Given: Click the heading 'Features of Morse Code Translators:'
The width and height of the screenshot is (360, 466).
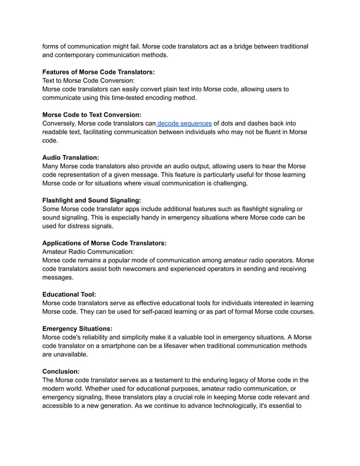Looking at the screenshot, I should [99, 72].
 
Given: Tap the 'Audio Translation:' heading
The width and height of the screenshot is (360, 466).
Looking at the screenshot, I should [71, 157].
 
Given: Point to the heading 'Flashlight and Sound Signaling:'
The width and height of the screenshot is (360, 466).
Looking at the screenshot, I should [91, 200].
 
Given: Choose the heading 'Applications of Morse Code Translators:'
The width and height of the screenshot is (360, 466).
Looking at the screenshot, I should [104, 243].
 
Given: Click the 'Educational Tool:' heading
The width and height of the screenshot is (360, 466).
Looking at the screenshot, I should [69, 294].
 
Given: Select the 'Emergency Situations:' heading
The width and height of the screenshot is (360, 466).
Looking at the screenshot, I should [77, 328].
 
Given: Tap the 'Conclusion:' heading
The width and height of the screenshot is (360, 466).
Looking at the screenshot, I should [61, 371].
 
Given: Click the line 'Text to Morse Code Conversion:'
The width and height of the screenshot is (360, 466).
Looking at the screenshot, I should [89, 81].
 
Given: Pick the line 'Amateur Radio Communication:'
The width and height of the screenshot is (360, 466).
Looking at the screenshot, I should [89, 252].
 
